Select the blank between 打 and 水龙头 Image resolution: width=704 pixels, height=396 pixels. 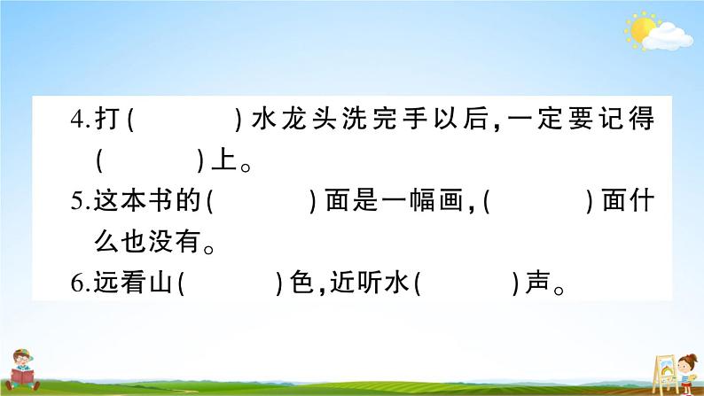185,120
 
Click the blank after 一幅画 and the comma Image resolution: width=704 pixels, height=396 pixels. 539,203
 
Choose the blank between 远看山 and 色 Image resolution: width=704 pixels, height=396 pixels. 230,284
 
